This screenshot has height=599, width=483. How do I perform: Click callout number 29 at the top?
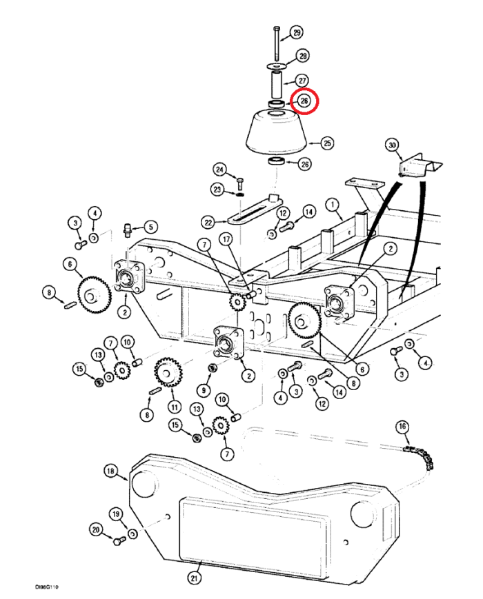point(296,33)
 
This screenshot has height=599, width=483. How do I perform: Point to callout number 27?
point(302,81)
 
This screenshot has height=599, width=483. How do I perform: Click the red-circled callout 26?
point(304,101)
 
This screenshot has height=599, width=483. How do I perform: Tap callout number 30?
point(392,145)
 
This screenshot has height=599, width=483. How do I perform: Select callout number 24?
point(220,170)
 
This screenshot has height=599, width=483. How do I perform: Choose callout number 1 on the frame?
point(331,205)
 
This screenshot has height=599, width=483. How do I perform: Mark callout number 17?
point(226,239)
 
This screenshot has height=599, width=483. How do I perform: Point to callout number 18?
point(111,471)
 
